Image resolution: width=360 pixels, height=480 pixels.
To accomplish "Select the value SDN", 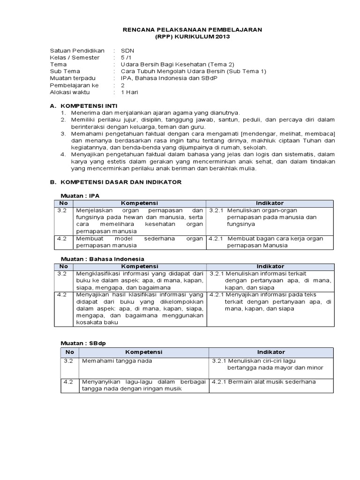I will coord(127,50).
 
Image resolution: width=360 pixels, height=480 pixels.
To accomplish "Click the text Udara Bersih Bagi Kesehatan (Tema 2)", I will coord(177,64).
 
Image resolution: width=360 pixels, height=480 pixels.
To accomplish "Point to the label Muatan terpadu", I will coord(72,78).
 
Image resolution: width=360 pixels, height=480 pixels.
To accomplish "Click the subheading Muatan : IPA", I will coord(80,195).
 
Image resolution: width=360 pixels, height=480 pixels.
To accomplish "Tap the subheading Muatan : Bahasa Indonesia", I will coord(103,259).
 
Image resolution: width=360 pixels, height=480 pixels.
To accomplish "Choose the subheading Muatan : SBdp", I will coord(83,343).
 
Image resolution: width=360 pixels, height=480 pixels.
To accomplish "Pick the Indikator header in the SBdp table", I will coord(270,352).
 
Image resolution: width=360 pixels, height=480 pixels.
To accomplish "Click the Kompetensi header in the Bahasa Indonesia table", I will coord(140,266).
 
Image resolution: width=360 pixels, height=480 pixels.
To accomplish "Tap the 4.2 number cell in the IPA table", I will coord(62,238).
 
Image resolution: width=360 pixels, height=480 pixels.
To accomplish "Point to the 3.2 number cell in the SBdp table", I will coord(68,361).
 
